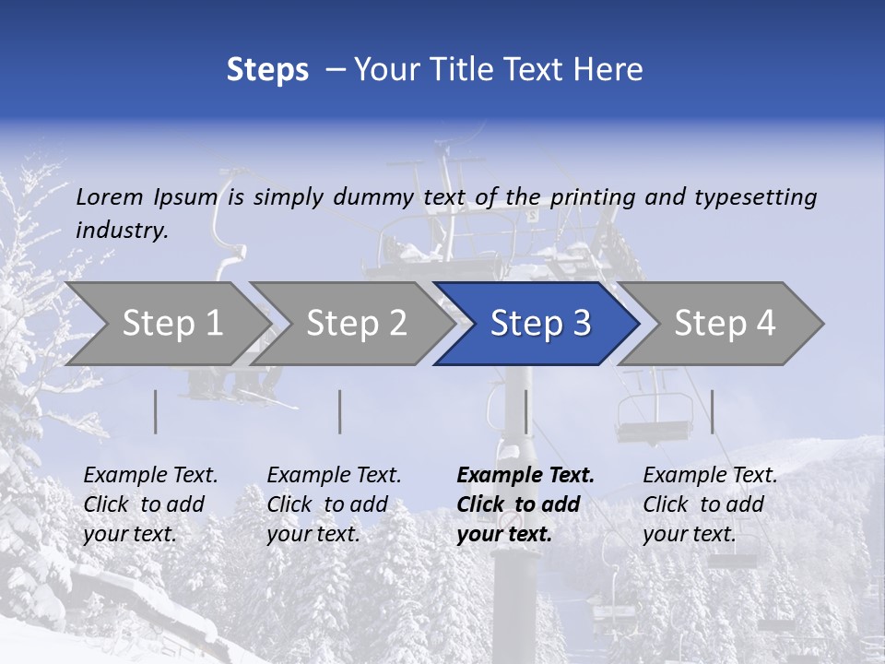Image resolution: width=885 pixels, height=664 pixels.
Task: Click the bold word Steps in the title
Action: pyautogui.click(x=267, y=70)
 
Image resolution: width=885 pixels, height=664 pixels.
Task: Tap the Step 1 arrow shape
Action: pyautogui.click(x=166, y=324)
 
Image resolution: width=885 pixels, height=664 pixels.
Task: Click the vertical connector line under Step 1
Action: pyautogui.click(x=156, y=411)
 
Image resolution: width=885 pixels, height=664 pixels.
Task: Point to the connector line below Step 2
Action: pyautogui.click(x=340, y=411)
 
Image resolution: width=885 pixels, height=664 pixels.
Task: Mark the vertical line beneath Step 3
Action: pyautogui.click(x=525, y=411)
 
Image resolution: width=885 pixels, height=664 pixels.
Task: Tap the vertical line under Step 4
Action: pyautogui.click(x=712, y=411)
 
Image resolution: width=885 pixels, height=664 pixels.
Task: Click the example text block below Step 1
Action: pyautogui.click(x=150, y=504)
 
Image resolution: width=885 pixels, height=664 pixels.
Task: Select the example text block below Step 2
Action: pyautogui.click(x=334, y=504)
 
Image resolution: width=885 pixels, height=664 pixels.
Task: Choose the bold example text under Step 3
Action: pyautogui.click(x=525, y=504)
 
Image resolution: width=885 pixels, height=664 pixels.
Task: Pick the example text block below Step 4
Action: pyautogui.click(x=710, y=504)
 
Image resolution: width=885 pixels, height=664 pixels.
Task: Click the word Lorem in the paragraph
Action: pyautogui.click(x=110, y=197)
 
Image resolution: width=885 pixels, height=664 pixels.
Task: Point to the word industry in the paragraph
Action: pyautogui.click(x=122, y=231)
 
